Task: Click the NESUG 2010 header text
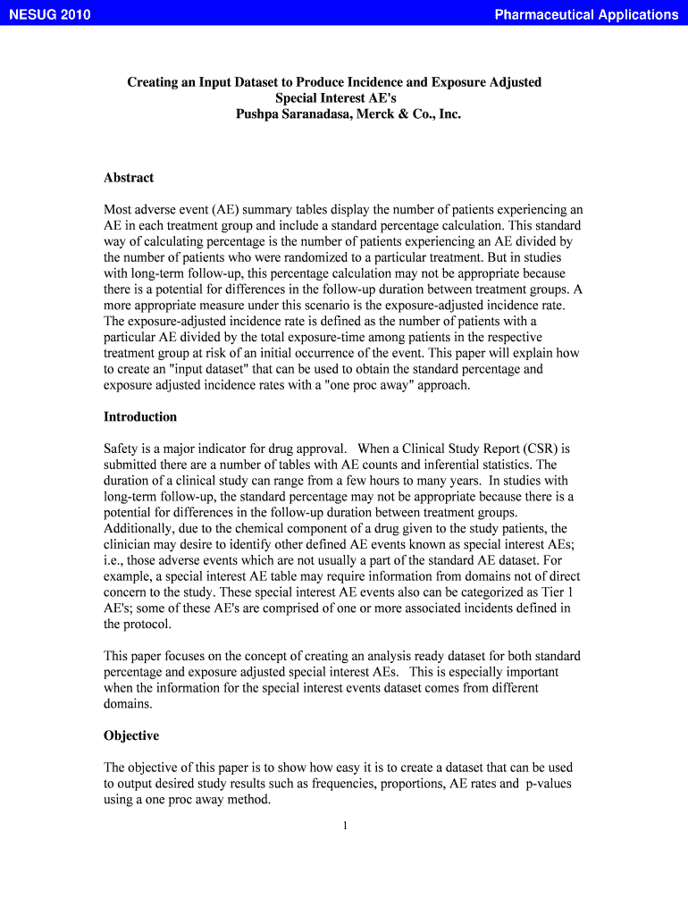50,14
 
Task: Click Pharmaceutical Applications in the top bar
586,14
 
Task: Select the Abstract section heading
129,178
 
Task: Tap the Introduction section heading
140,417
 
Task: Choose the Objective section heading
131,736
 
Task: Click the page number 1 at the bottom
344,826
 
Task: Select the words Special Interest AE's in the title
335,98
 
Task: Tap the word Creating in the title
154,82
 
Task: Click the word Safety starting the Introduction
122,449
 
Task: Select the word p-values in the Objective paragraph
547,784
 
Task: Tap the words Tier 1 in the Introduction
558,592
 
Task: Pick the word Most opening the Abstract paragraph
119,210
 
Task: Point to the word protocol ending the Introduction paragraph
148,625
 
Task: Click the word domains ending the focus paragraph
128,704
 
